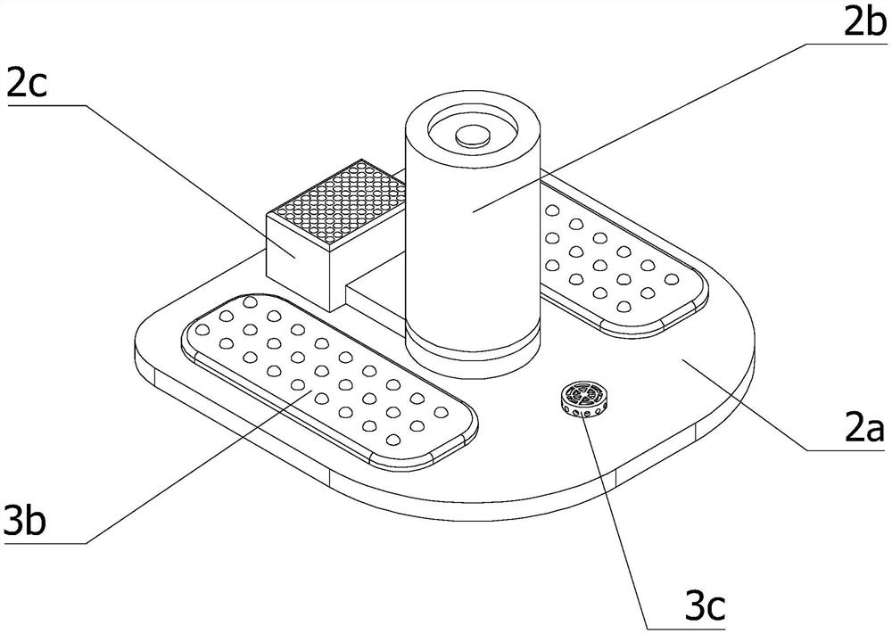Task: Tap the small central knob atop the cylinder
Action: click(x=473, y=136)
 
